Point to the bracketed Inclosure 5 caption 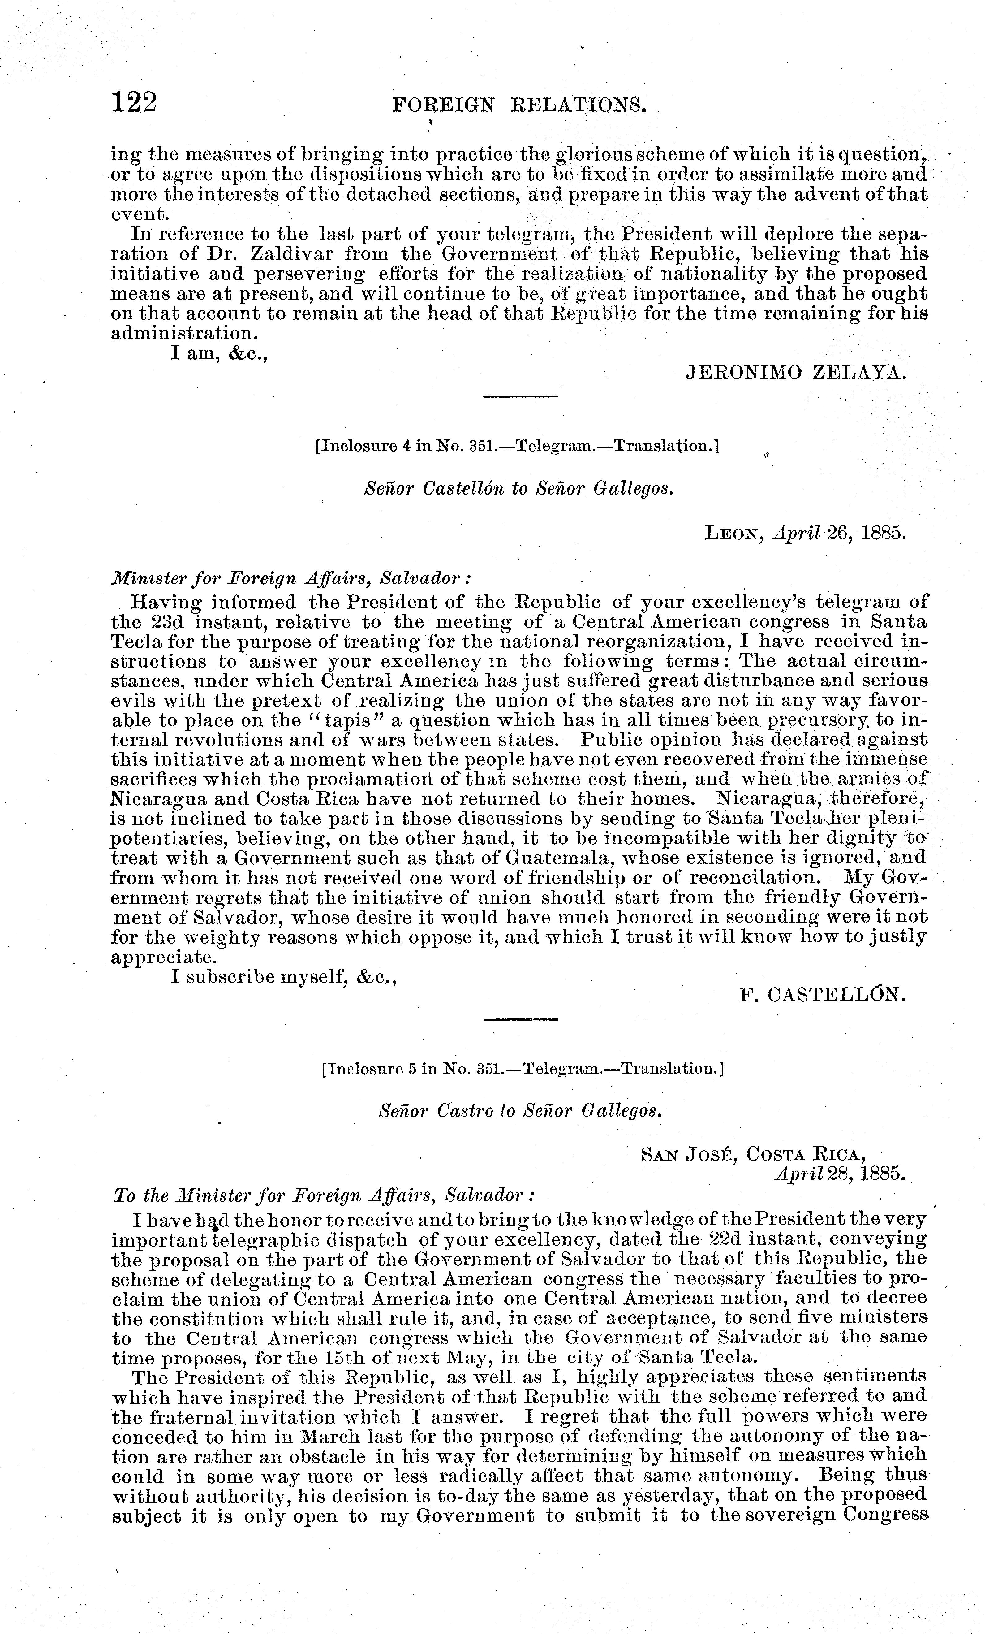point(521,1069)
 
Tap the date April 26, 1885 point(838,533)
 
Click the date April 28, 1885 point(838,1173)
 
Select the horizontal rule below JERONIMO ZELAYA point(520,396)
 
